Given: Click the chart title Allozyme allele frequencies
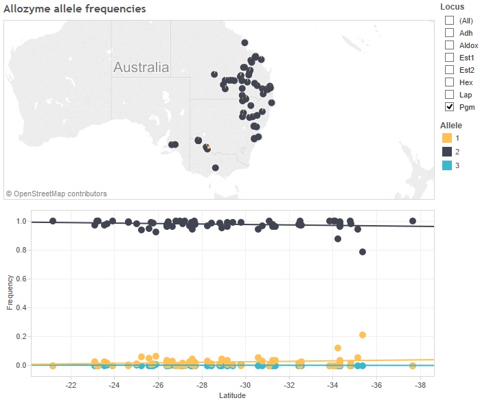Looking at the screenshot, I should [75, 9].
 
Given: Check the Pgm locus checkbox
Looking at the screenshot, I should [449, 107].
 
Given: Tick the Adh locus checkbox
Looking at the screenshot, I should [449, 33].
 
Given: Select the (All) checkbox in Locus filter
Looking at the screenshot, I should [449, 21].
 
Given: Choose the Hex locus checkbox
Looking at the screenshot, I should [449, 82].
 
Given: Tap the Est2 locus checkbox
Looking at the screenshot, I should [449, 70].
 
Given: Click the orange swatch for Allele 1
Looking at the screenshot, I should [446, 139].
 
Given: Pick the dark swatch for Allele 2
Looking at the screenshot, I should [446, 152].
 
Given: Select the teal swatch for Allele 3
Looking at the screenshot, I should [446, 165].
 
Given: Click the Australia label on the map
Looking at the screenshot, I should [141, 68].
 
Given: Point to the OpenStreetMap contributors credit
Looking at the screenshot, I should [56, 194].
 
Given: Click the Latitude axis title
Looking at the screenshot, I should [232, 395].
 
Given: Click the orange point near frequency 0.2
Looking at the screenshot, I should [363, 335].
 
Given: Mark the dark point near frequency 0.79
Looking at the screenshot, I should [363, 252].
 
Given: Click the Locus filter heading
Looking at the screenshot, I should [452, 7].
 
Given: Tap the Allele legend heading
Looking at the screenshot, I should [451, 126].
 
